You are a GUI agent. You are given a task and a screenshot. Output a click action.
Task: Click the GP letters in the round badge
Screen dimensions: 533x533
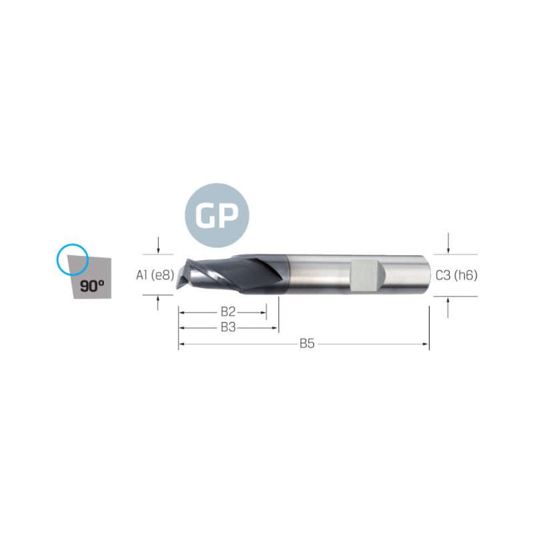pos(217,215)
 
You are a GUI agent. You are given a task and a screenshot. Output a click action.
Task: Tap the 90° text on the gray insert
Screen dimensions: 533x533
pos(92,286)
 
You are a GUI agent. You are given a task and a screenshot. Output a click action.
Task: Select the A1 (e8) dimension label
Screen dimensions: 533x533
pos(155,275)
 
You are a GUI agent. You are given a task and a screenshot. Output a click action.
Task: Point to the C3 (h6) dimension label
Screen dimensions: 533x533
pos(456,275)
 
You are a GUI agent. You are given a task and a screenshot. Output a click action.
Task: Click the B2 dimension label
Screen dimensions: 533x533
pos(228,311)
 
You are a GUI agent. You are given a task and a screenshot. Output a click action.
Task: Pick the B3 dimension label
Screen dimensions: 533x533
pos(228,327)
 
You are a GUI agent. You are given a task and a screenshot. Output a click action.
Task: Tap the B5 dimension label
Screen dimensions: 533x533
pos(307,344)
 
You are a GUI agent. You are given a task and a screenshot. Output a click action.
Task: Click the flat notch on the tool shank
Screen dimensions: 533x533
pos(364,275)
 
